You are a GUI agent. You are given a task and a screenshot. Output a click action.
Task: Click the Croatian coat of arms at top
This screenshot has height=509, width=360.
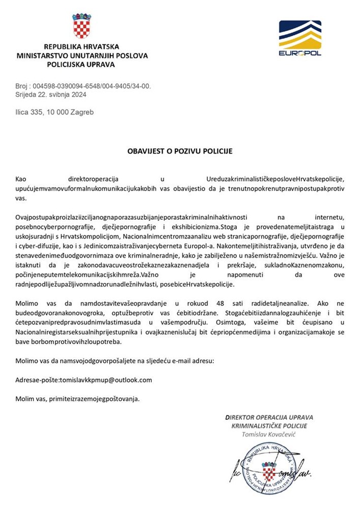coord(81,26)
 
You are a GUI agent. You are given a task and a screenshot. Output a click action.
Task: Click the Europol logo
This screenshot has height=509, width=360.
coord(300,38)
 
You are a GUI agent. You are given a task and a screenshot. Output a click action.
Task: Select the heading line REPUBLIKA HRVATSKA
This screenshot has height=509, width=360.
coord(81,46)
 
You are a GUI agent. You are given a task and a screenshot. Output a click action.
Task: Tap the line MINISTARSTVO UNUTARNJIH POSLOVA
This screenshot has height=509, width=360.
coord(82,55)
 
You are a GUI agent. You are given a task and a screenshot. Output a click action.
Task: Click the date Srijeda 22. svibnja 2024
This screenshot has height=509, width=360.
coord(50,95)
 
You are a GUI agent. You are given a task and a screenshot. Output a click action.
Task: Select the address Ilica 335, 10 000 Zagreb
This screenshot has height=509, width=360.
coord(54,112)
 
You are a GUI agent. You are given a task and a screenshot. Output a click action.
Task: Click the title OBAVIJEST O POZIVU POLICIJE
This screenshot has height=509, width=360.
coord(180,151)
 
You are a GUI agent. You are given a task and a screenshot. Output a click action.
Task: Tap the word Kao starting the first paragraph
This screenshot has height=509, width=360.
coord(21,179)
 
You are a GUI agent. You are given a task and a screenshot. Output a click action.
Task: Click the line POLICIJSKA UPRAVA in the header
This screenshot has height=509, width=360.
coord(81,65)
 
